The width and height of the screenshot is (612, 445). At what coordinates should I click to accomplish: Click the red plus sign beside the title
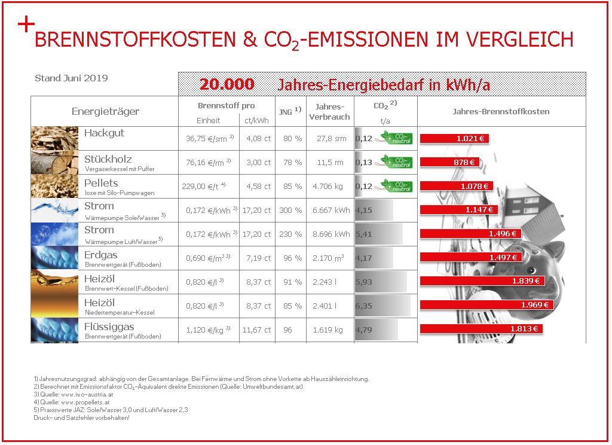26,25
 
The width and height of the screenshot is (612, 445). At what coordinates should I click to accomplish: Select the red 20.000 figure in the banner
227,84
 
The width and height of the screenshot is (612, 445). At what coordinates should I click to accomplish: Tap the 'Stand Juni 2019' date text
72,78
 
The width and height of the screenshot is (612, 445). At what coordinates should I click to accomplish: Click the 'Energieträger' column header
105,111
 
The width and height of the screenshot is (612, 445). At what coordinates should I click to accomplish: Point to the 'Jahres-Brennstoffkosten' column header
501,111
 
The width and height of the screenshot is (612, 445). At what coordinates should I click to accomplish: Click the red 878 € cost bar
449,162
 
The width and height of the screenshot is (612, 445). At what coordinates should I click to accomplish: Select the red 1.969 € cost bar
486,304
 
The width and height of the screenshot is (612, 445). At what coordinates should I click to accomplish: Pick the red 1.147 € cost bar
458,210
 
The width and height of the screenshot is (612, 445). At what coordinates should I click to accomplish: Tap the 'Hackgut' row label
104,133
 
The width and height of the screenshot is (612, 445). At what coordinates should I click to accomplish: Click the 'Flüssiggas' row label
109,327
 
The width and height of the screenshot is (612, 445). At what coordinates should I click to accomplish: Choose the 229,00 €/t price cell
204,187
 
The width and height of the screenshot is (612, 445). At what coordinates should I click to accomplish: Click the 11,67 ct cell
256,330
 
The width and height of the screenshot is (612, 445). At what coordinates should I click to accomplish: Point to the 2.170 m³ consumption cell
328,258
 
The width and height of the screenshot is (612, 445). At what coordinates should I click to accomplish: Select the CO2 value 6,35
363,306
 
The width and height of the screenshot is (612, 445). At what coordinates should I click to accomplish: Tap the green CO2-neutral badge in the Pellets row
396,186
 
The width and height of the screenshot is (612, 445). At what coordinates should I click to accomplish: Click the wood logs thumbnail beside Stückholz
54,162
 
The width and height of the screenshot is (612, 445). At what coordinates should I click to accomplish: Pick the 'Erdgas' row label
100,255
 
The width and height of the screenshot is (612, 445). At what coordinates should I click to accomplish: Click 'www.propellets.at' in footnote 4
85,402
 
